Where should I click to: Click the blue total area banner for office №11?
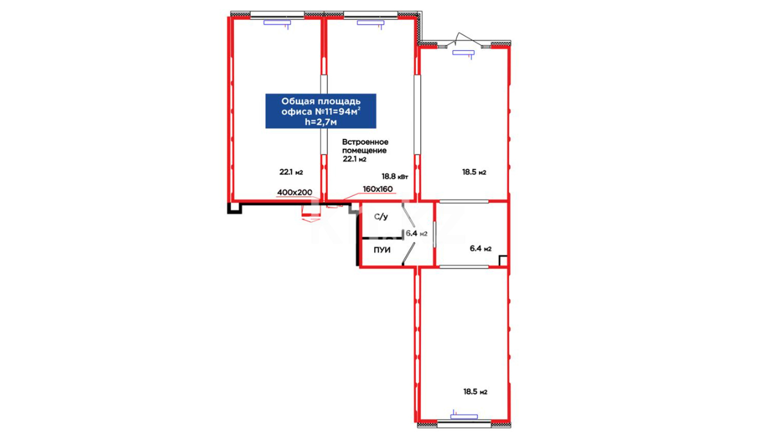[x=321, y=111]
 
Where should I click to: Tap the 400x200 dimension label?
[x=294, y=192]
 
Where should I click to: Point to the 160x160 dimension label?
[x=378, y=189]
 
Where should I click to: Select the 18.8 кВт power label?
[x=395, y=176]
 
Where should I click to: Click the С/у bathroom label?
[x=381, y=216]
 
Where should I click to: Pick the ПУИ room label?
[x=382, y=250]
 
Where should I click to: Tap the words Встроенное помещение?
[x=365, y=146]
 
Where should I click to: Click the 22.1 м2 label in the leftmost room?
[x=291, y=172]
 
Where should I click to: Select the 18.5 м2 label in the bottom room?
[x=475, y=392]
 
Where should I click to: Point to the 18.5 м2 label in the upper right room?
[x=474, y=172]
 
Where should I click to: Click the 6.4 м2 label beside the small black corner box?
[x=480, y=248]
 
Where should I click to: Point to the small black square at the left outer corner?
[x=234, y=208]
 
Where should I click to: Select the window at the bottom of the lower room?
[x=464, y=424]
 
